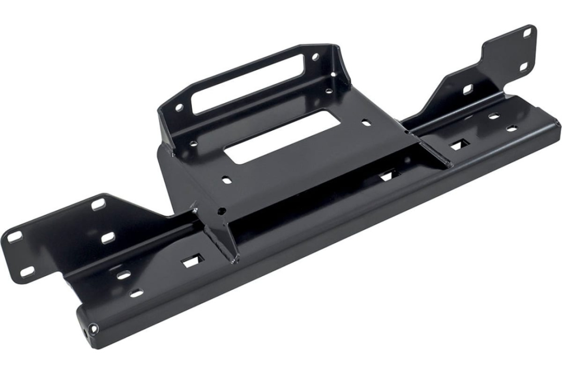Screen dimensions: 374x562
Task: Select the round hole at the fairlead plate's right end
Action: pos(314,57)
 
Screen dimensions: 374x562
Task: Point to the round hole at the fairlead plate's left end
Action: pos(178,108)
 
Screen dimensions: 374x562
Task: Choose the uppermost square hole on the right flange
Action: pos(527,32)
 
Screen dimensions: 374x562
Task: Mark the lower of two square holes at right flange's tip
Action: pos(523,66)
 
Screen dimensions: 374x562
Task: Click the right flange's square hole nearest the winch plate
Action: pos(467,89)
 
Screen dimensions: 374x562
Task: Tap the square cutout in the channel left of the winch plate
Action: pos(190,263)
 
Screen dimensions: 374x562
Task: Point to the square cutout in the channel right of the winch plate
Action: pos(459,145)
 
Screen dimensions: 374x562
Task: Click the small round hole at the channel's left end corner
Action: pos(93,328)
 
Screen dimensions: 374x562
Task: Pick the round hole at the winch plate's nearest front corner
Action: pos(221,211)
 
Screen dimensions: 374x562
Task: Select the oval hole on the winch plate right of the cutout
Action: pos(366,124)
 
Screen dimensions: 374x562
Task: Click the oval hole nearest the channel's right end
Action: pos(513,128)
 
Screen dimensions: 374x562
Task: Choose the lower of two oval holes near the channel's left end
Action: pos(136,293)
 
